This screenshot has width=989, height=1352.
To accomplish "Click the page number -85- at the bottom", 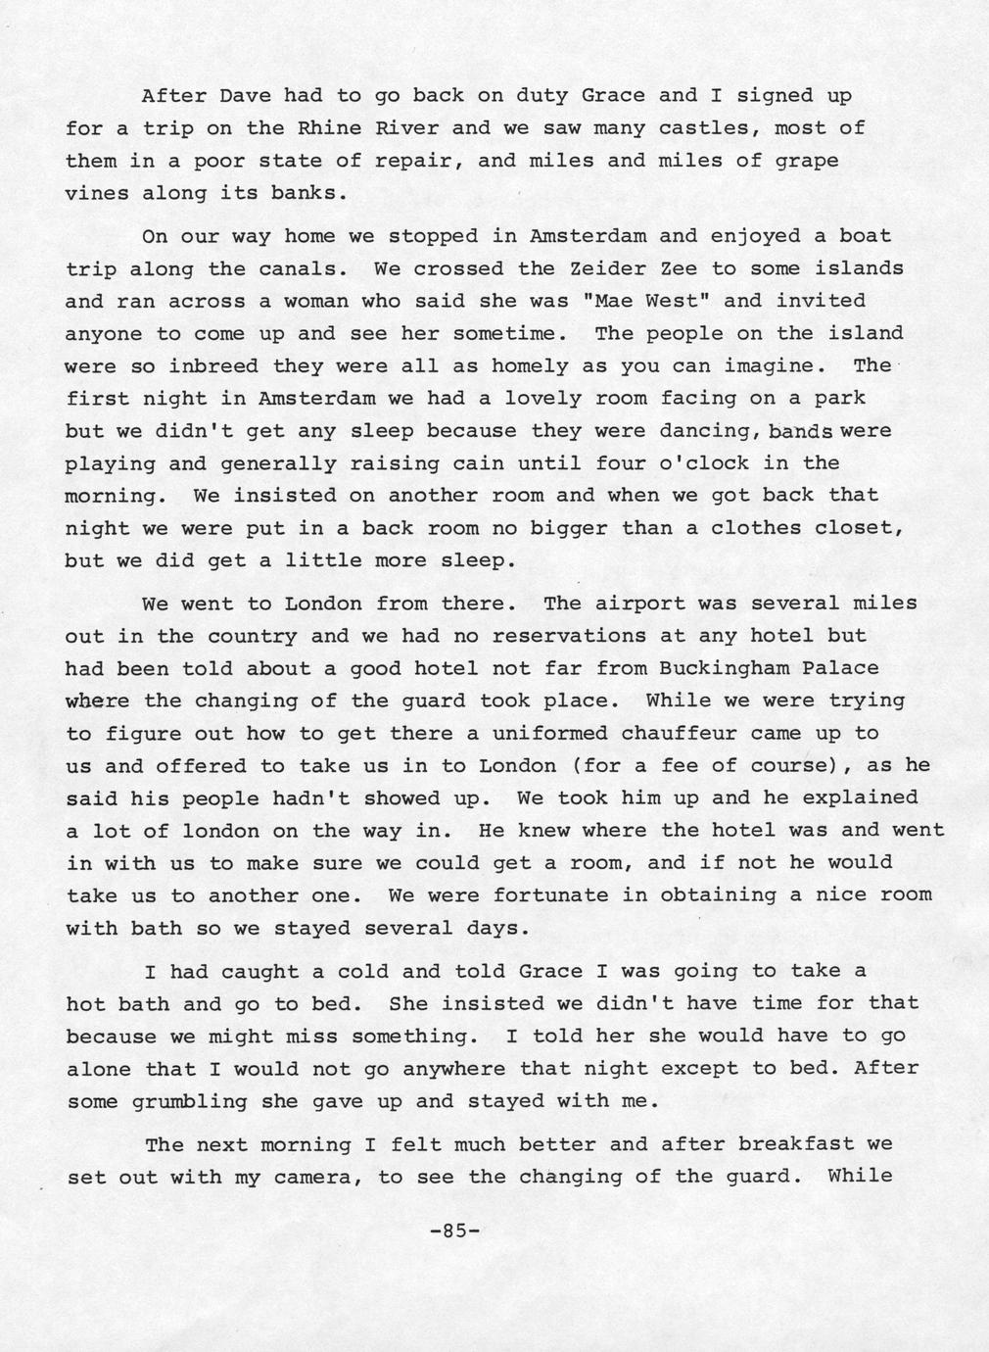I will point(455,1232).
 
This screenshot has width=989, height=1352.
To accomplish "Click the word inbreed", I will point(213,366).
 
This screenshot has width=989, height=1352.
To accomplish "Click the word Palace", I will point(839,668).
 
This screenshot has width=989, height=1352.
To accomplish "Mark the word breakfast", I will point(795,1144).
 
